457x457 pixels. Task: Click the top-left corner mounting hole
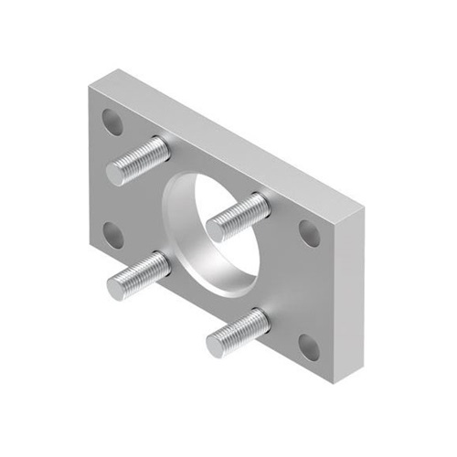(x=112, y=120)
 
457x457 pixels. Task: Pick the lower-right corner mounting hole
(x=308, y=345)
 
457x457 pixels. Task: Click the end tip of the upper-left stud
(x=117, y=172)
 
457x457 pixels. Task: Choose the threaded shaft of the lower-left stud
(x=146, y=273)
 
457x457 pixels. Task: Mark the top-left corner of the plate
(x=90, y=84)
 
